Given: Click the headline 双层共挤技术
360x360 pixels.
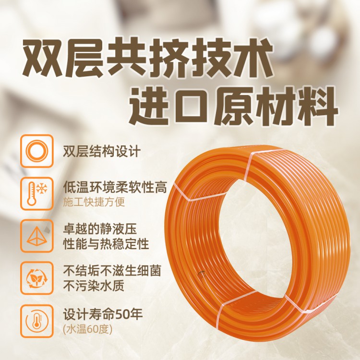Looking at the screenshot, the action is (147, 59).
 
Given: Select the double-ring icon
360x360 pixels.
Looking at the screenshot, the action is (37, 151).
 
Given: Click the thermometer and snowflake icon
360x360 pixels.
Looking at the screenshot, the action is (37, 193).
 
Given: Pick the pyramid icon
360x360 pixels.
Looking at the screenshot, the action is (37, 236).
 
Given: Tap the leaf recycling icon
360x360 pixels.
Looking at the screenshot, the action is (37, 278).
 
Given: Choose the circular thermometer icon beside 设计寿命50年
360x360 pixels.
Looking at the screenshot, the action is (37, 321).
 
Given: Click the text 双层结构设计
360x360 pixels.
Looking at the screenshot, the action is (102, 151).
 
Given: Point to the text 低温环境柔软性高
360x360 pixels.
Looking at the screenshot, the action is (115, 188).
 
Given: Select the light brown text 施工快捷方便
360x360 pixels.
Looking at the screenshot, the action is (94, 202).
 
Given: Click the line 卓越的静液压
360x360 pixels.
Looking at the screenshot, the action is (100, 229).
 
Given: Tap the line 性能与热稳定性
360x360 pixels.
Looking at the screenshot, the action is (106, 243).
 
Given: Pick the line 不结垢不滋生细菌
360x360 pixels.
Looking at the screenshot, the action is (112, 271).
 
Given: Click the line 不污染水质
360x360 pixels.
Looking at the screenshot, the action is (94, 286).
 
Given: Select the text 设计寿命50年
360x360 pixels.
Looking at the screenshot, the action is (103, 314).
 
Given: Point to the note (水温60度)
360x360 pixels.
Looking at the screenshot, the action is (88, 329).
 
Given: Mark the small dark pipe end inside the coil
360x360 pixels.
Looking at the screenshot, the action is (202, 274).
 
